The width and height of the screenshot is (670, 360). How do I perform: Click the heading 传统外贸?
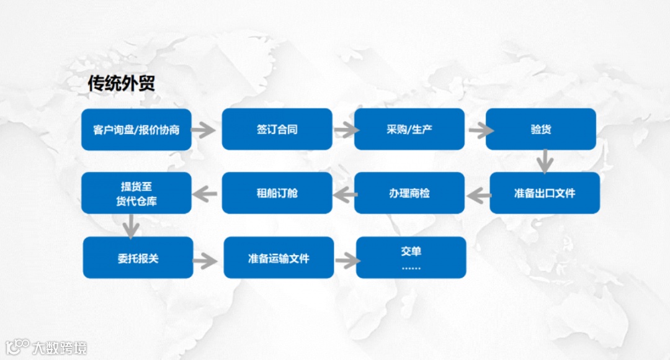click(x=121, y=84)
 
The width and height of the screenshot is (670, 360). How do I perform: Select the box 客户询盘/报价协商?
click(x=136, y=130)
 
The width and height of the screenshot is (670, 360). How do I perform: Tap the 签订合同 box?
click(x=277, y=130)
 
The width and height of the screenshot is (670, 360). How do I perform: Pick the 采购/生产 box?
click(x=409, y=130)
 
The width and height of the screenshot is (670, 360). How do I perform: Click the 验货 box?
click(x=541, y=130)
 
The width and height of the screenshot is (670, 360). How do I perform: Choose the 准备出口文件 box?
click(x=545, y=193)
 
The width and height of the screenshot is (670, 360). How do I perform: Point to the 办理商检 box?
click(x=409, y=193)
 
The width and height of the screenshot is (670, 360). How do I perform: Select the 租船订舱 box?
click(x=277, y=193)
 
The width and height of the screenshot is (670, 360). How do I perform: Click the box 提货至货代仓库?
click(x=136, y=193)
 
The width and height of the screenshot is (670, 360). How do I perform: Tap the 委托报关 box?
click(x=138, y=258)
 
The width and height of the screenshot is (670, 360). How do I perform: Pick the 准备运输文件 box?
click(x=279, y=258)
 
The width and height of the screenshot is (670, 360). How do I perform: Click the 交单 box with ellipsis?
click(x=411, y=258)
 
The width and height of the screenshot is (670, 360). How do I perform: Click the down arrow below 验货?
click(x=545, y=161)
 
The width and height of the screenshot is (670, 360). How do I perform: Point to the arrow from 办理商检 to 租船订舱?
click(x=344, y=196)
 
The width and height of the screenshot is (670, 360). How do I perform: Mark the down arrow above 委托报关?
click(x=131, y=226)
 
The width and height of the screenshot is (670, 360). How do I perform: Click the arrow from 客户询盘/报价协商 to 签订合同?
click(x=202, y=130)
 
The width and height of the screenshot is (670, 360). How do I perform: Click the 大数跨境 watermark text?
click(x=60, y=347)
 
